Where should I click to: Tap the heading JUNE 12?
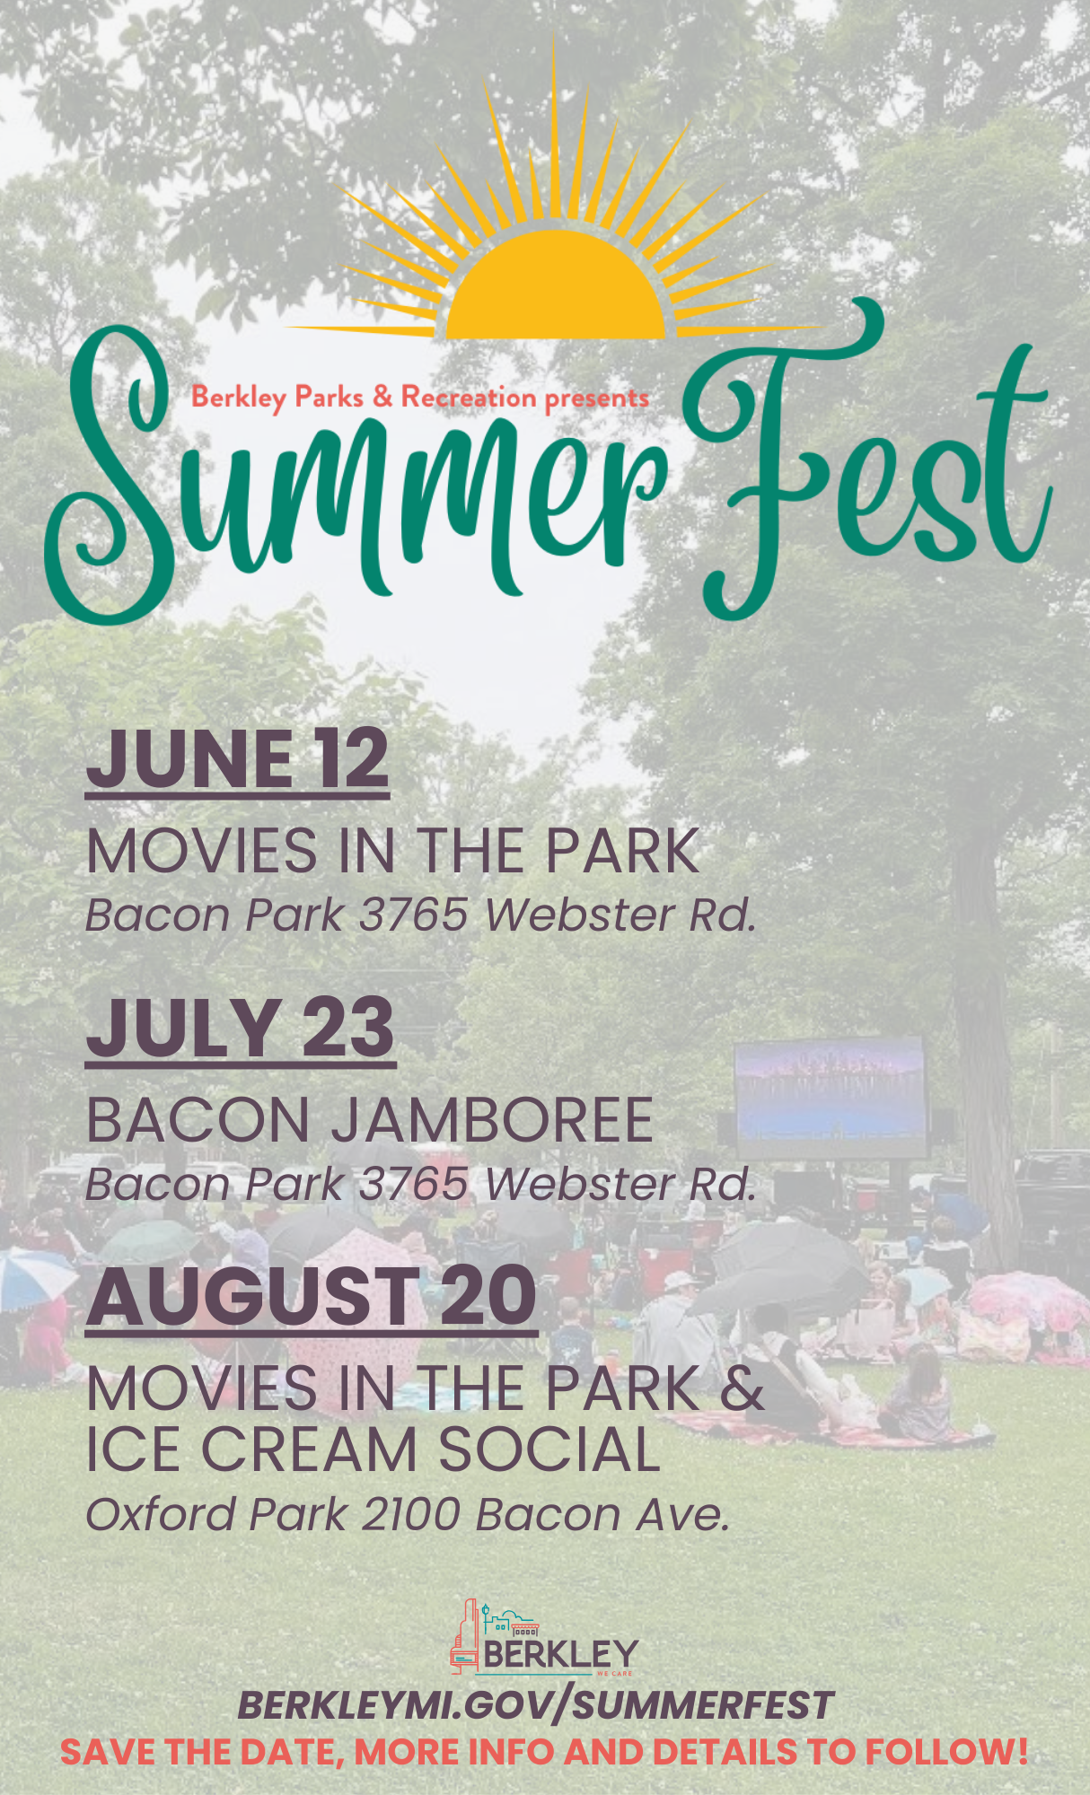pos(237,759)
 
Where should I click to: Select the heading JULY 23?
pos(241,1029)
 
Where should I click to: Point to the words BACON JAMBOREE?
pos(370,1120)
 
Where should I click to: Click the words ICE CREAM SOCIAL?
pos(374,1449)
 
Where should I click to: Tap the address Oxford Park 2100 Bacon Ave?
pos(408,1514)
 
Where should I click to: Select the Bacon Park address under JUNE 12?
pos(421,915)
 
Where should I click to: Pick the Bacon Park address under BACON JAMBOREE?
pos(421,1184)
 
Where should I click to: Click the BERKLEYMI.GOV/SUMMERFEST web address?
pos(536,1706)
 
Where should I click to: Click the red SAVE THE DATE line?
pos(544,1751)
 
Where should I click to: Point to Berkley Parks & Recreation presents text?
pos(419,398)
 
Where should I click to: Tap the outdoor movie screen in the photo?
pos(831,1098)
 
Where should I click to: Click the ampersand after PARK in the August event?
pos(742,1388)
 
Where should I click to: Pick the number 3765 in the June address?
pos(414,915)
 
